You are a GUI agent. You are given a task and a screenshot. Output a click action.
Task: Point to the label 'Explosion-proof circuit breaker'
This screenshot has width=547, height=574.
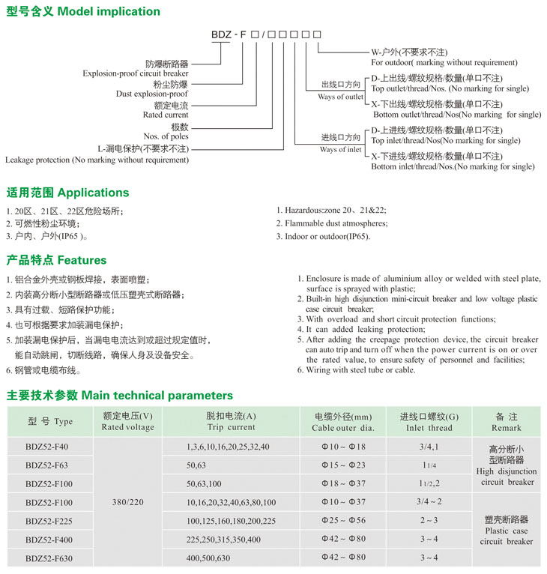pyautogui.click(x=136, y=74)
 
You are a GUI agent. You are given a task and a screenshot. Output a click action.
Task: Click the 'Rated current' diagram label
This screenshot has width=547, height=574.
pyautogui.click(x=166, y=115)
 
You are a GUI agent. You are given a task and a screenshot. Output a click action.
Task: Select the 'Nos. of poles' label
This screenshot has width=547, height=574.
pyautogui.click(x=166, y=136)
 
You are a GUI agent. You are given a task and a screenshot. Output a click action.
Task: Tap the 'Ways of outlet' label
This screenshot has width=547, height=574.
pyautogui.click(x=341, y=97)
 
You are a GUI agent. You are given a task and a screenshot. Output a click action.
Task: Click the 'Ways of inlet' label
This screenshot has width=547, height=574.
pyautogui.click(x=341, y=149)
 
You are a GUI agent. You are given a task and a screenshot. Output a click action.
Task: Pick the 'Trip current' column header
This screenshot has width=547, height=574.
pyautogui.click(x=231, y=427)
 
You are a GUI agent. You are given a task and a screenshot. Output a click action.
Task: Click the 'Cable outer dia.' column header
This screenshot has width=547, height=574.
pyautogui.click(x=342, y=428)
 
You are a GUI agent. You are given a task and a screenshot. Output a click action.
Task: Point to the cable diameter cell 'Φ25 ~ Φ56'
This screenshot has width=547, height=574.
pyautogui.click(x=342, y=521)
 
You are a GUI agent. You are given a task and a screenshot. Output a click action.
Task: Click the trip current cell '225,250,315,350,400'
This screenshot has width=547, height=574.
pyautogui.click(x=223, y=540)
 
